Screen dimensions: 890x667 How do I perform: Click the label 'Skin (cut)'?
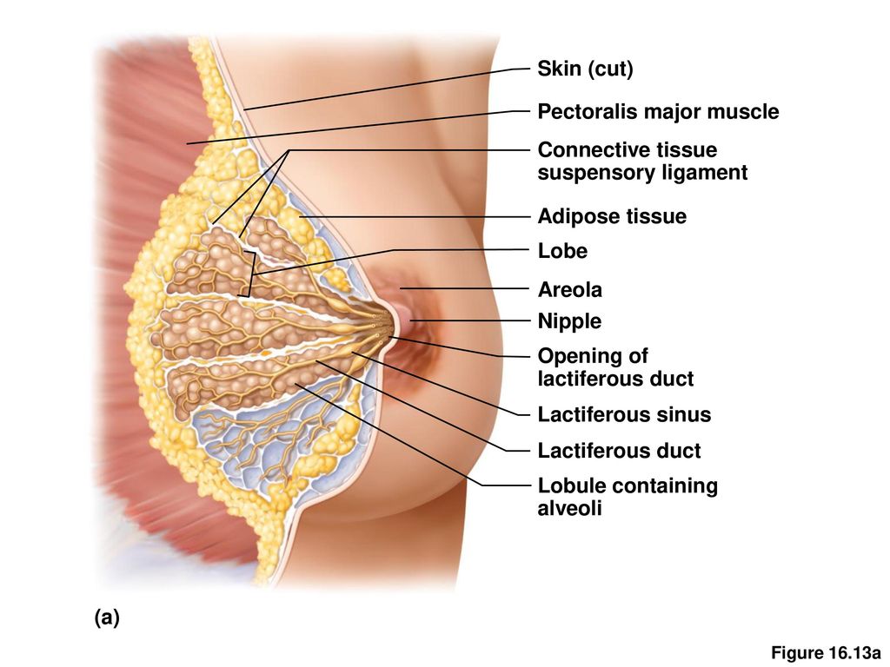[x=585, y=69]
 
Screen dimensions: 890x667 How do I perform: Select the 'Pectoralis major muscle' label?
[x=659, y=111]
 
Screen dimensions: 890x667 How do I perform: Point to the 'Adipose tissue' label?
[x=612, y=216]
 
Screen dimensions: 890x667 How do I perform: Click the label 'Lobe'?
[x=562, y=251]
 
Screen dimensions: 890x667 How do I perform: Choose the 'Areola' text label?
[x=570, y=289]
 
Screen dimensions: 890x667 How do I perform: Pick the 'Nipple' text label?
[x=569, y=321]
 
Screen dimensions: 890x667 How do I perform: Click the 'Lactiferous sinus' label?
[x=624, y=414]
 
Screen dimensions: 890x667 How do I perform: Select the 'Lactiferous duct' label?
[x=619, y=451]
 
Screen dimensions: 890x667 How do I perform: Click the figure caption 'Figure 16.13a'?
[x=826, y=653]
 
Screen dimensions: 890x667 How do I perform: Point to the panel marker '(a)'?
[x=107, y=617]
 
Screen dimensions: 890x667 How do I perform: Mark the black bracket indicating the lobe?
[x=249, y=274]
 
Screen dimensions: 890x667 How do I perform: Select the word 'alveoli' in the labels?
[x=569, y=508]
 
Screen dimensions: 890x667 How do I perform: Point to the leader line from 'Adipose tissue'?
[x=415, y=216]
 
